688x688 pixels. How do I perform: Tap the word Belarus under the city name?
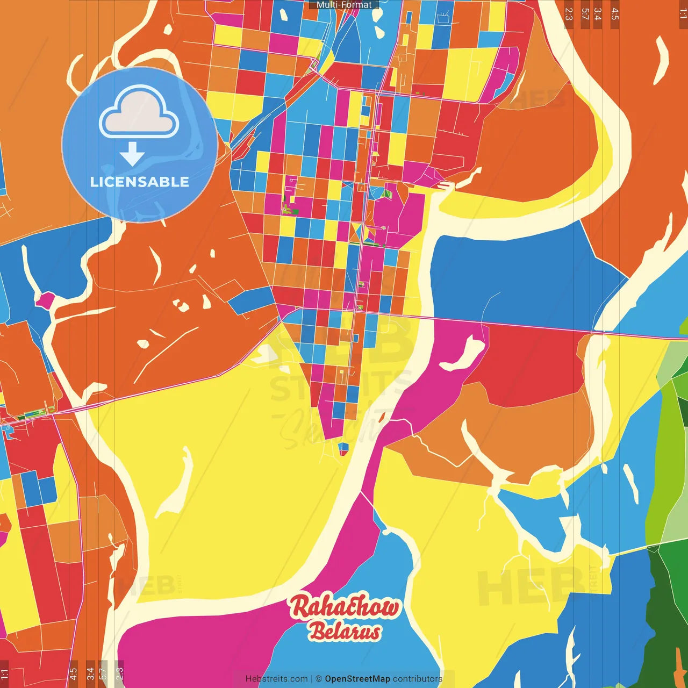(x=345, y=632)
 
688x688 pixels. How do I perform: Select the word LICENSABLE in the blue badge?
(x=140, y=182)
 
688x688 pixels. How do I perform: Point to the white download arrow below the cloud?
(x=132, y=154)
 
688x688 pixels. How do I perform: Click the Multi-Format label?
(x=344, y=5)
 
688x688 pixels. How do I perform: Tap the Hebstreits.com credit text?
(x=276, y=679)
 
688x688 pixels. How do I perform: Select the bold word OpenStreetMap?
(x=357, y=679)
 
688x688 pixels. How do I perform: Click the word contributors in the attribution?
(x=418, y=679)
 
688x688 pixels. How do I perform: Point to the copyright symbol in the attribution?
(x=318, y=679)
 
